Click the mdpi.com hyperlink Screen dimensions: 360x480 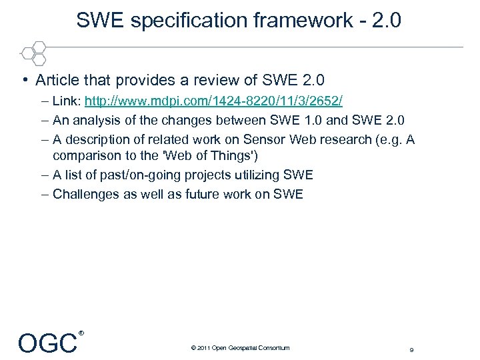pyautogui.click(x=213, y=102)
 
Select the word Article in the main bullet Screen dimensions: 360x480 pyautogui.click(x=57, y=81)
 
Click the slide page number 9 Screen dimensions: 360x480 pyautogui.click(x=411, y=349)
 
